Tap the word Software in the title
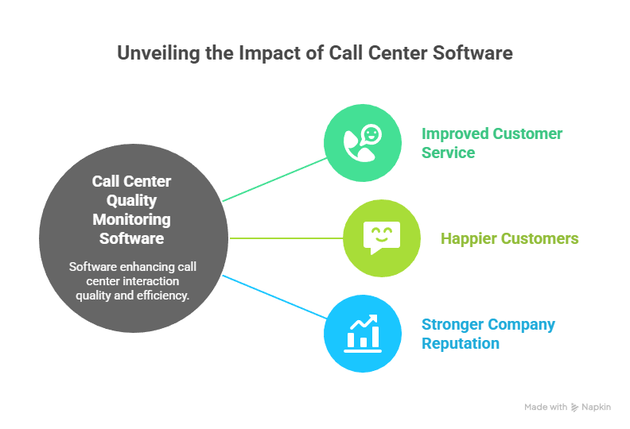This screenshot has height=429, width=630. [472, 53]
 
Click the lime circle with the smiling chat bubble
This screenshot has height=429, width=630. [381, 238]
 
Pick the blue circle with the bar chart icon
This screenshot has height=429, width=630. [362, 333]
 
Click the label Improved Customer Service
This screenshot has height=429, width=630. [492, 143]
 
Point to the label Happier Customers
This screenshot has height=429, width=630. [509, 238]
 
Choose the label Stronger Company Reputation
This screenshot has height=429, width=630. [488, 334]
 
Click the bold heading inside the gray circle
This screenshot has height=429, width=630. [131, 210]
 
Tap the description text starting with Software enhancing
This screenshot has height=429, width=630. [132, 281]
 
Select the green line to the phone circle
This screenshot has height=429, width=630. [274, 179]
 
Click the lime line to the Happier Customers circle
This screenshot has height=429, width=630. [286, 238]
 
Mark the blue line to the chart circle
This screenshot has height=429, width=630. [274, 296]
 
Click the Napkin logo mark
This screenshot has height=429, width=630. [575, 407]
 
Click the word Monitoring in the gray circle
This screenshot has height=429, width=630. [131, 219]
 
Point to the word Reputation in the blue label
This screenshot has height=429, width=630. [461, 343]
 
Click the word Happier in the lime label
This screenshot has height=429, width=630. [469, 238]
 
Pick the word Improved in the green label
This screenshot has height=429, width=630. [453, 133]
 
